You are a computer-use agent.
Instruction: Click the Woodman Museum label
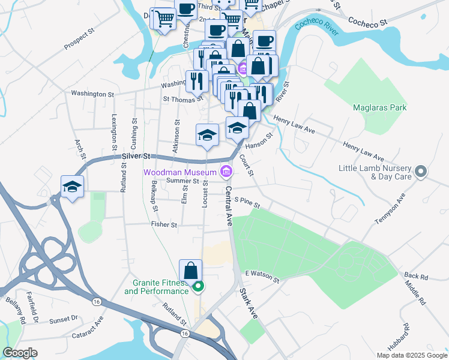click(179, 172)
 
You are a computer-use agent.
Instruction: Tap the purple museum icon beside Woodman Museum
click(226, 172)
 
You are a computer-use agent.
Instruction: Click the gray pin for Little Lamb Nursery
click(421, 172)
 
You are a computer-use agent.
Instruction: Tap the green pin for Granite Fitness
click(197, 287)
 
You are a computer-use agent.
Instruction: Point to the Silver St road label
click(135, 155)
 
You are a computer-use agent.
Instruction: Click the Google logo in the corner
click(20, 353)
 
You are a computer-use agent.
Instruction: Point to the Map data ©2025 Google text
click(411, 355)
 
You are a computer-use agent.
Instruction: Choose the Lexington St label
click(112, 128)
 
